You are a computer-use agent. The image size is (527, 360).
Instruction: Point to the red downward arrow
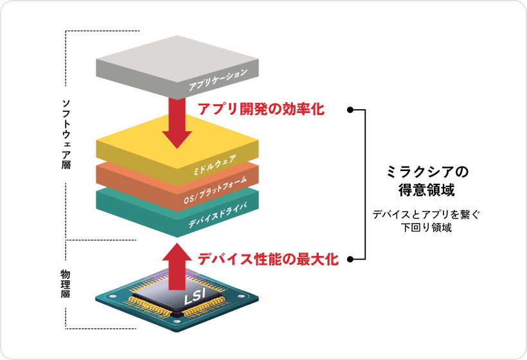click(x=177, y=122)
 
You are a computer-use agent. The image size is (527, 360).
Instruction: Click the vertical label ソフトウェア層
click(x=66, y=134)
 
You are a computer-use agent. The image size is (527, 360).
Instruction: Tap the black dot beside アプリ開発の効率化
click(x=350, y=110)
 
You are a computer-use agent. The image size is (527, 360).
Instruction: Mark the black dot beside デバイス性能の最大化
click(x=350, y=260)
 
